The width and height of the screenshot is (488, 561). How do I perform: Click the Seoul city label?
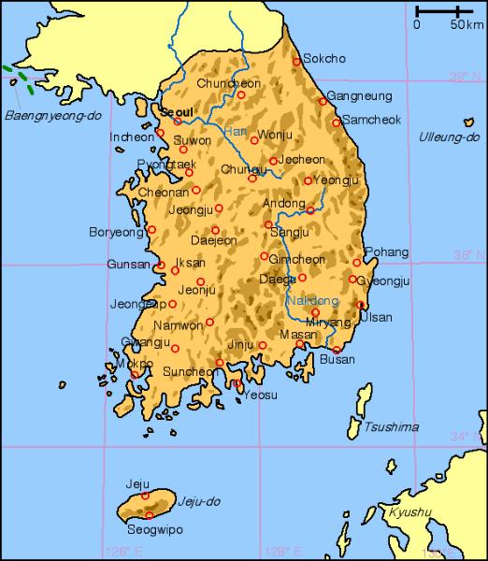tap(177, 110)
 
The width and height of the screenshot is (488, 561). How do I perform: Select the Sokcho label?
tap(324, 58)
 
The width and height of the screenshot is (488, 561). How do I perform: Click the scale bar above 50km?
tap(445, 11)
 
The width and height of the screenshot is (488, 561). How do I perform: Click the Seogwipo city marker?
tap(149, 515)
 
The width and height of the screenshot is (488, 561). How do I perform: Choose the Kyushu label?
tap(412, 511)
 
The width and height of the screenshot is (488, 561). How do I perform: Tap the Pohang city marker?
tap(356, 263)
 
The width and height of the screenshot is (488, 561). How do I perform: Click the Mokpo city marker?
tap(135, 374)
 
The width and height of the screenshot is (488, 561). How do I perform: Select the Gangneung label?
tap(356, 96)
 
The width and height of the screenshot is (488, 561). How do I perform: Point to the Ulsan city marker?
tap(361, 305)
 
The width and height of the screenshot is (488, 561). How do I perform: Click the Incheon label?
tap(132, 137)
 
